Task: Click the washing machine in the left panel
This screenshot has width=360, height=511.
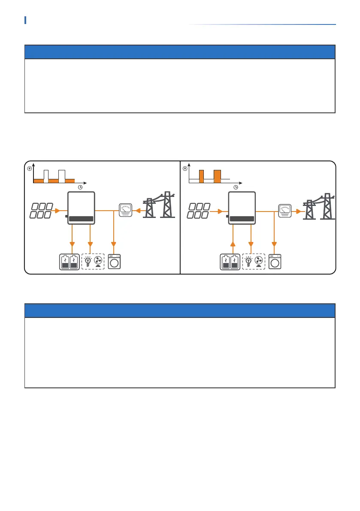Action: tap(115, 262)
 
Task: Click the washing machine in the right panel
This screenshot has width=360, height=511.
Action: tap(275, 262)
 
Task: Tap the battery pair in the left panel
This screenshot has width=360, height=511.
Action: tap(70, 262)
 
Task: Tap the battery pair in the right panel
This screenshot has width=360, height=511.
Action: tap(230, 262)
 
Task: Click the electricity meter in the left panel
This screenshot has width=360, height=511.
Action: tap(126, 211)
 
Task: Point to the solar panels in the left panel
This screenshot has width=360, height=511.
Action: tap(41, 210)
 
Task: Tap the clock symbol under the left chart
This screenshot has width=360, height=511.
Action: tap(80, 187)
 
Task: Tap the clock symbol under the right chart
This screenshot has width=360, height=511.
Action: tap(236, 187)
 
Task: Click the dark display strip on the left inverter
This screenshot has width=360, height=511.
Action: tap(81, 219)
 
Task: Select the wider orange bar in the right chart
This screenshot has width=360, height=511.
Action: tap(218, 175)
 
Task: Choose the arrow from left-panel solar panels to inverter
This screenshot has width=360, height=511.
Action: tap(63, 211)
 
